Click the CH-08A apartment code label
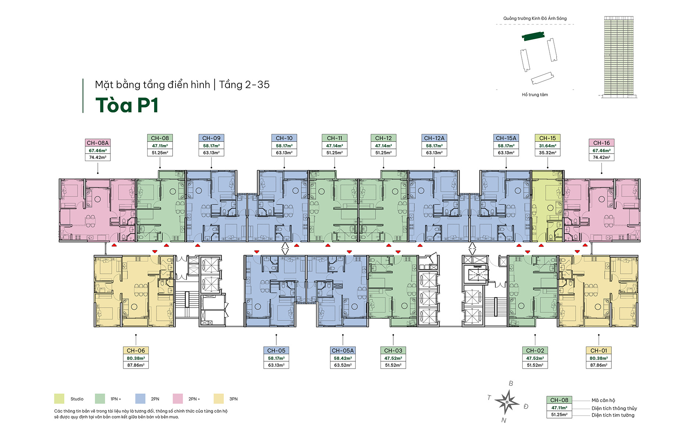pos(97,143)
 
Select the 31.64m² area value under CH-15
pos(547,146)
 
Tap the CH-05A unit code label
pos(343,351)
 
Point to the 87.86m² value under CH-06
pos(136,365)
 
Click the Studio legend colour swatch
pos(59,399)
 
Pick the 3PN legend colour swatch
pos(219,399)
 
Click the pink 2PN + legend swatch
pos(178,399)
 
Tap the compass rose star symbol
pos(507,402)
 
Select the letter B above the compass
pos(511,384)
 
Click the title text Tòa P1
pos(127,105)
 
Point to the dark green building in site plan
pos(533,36)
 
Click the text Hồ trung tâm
pos(535,95)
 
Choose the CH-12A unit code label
pos(434,138)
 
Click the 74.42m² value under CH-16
pos(601,157)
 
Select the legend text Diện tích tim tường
pos(613,415)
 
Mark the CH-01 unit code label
pos(599,351)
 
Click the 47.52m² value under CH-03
pos(393,358)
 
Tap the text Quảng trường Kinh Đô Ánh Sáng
pos(535,18)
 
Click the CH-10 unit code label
pos(284,138)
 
